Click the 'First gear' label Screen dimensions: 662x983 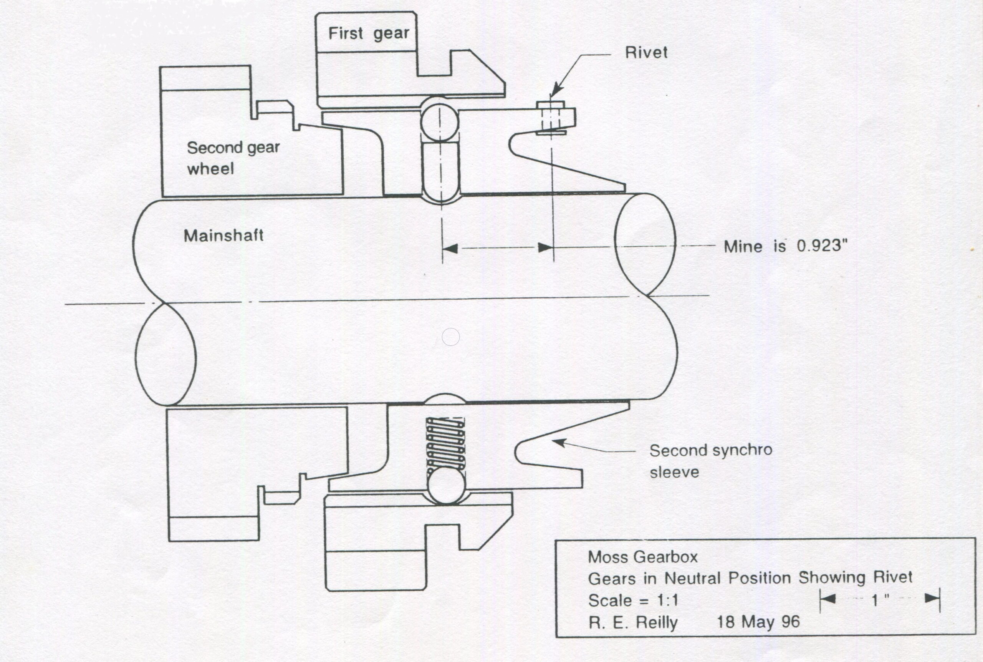pos(368,33)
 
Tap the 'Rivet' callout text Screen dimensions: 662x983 pos(646,53)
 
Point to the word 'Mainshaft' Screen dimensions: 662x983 pos(223,236)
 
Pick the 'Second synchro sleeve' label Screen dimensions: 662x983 pos(710,461)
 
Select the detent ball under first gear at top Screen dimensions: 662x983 pos(440,122)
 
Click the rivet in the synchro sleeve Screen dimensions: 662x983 pos(551,118)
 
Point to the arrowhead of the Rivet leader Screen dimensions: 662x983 pos(556,91)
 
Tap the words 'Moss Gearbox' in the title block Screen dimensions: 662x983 pos(642,557)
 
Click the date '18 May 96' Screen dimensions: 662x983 pos(758,622)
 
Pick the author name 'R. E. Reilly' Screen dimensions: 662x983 pos(633,623)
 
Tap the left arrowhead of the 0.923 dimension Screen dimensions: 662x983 pos(450,248)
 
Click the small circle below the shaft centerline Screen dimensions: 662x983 pos(450,337)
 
